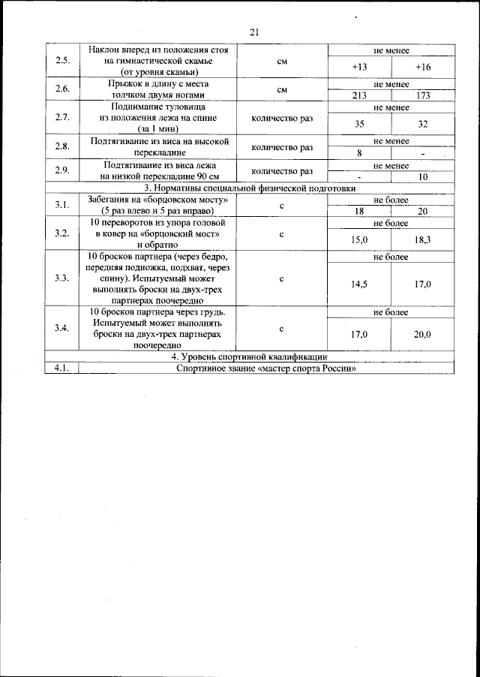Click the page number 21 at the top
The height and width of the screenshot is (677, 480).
pyautogui.click(x=253, y=32)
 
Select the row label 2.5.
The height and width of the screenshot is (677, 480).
pyautogui.click(x=62, y=61)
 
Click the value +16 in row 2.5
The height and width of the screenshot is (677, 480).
pyautogui.click(x=423, y=68)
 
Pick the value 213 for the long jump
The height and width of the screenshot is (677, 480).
pyautogui.click(x=359, y=95)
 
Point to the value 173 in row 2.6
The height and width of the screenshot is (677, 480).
pyautogui.click(x=423, y=95)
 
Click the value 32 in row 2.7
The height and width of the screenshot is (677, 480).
pyautogui.click(x=423, y=124)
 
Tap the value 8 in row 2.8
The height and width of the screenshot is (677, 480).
pyautogui.click(x=359, y=152)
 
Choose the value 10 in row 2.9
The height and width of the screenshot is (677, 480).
pyautogui.click(x=423, y=177)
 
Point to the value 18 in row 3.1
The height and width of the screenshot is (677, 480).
pyautogui.click(x=359, y=212)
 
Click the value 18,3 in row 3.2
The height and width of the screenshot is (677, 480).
pyautogui.click(x=423, y=239)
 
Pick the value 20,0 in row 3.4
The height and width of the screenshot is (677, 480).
pyautogui.click(x=423, y=335)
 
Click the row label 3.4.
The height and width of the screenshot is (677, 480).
pyautogui.click(x=62, y=328)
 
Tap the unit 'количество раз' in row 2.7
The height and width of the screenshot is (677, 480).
pyautogui.click(x=282, y=117)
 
